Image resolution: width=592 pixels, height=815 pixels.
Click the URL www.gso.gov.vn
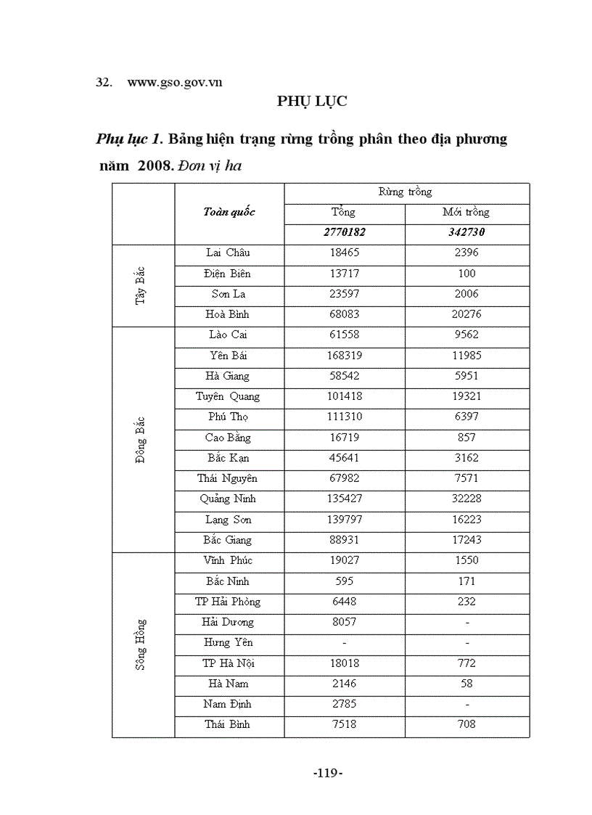click(x=174, y=82)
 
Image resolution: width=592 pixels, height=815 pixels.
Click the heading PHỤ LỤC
click(x=312, y=102)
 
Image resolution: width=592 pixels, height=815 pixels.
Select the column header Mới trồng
click(x=466, y=212)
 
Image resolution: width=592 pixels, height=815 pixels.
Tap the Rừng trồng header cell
click(x=405, y=192)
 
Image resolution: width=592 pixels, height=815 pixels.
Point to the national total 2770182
click(x=344, y=232)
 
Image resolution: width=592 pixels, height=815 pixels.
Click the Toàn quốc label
click(x=229, y=212)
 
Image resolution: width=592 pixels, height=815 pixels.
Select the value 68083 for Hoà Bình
click(x=344, y=314)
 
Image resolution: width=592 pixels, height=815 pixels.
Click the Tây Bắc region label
click(x=141, y=284)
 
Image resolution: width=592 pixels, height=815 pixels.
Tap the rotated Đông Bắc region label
click(x=141, y=439)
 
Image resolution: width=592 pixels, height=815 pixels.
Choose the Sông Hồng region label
click(x=141, y=643)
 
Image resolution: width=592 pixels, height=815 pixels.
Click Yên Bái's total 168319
click(x=344, y=356)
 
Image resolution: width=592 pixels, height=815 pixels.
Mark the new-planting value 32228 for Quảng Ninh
click(x=466, y=499)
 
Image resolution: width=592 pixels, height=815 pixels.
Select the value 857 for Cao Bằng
click(x=466, y=438)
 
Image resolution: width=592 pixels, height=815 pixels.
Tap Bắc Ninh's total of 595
click(x=344, y=581)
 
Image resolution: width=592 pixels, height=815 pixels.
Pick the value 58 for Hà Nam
click(x=466, y=683)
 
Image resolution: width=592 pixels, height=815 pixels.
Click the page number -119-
click(x=327, y=773)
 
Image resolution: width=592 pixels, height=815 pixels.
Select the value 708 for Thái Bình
click(x=466, y=724)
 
